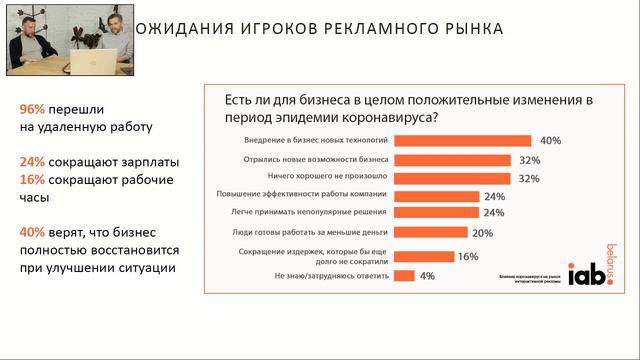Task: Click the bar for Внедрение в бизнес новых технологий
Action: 462,141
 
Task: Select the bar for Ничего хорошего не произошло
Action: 452,178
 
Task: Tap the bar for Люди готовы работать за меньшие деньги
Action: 431,232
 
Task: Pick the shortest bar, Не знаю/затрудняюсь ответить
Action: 404,275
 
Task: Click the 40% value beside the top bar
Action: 550,141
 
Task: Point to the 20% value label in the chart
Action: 483,232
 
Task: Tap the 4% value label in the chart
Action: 427,276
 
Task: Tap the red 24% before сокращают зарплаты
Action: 32,161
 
